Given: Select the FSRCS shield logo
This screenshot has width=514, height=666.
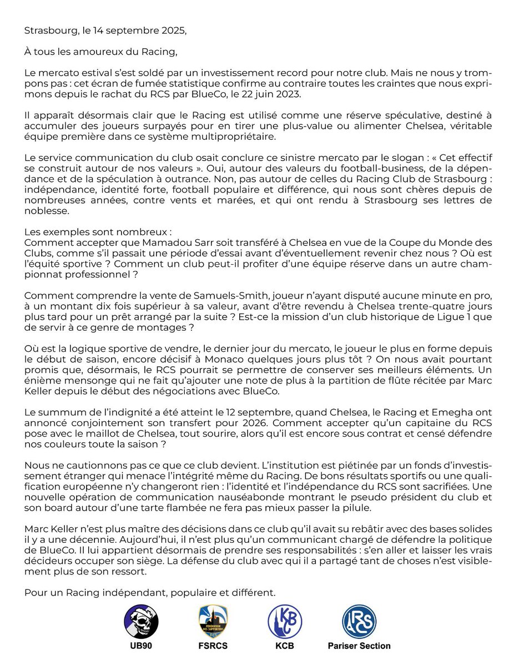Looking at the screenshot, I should tap(213, 621).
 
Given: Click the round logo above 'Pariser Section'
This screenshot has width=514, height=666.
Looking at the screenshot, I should tap(359, 621).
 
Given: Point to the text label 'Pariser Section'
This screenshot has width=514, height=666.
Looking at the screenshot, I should tap(359, 646).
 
